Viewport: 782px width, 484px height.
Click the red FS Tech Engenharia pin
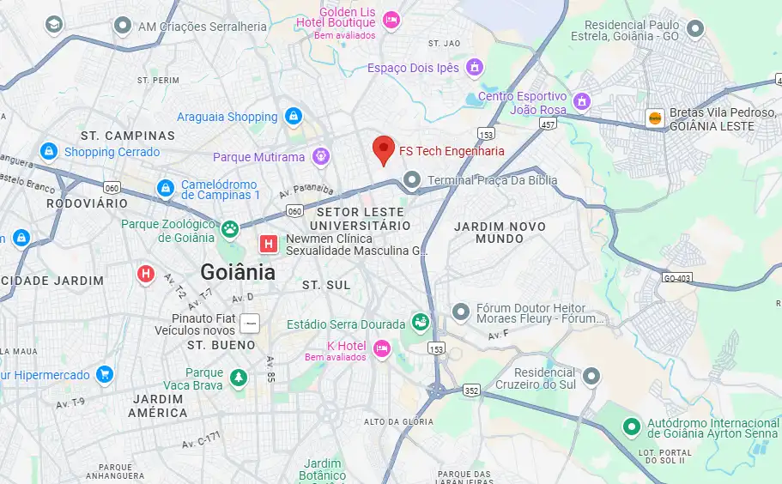[385, 149]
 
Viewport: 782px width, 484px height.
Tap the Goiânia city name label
[238, 272]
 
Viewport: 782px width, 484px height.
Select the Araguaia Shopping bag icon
[294, 116]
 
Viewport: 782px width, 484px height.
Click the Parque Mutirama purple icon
[321, 156]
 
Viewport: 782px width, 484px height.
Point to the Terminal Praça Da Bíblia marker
[413, 180]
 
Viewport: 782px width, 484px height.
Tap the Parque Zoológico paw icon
[229, 229]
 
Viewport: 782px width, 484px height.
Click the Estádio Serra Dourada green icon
[420, 323]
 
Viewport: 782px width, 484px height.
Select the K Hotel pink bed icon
[382, 348]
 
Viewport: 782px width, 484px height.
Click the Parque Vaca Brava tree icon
[238, 377]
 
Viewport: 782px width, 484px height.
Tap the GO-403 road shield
[678, 277]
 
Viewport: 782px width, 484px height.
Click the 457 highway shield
[548, 124]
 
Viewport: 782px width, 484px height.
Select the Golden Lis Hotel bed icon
[391, 19]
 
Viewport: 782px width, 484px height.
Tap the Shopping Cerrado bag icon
[49, 152]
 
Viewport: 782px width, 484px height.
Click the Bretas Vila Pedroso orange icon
[655, 118]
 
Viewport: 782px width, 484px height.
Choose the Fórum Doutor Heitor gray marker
[462, 311]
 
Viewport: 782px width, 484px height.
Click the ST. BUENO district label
[221, 345]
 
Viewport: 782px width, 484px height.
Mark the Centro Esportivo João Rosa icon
[582, 101]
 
